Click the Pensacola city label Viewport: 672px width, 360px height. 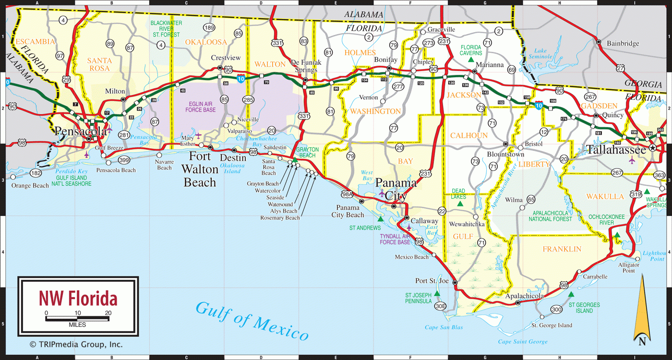(x=80, y=131)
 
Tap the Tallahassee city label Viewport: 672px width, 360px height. (x=616, y=150)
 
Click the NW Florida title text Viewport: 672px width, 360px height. (x=78, y=299)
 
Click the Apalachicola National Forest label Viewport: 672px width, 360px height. (x=550, y=216)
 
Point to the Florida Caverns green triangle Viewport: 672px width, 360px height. (x=471, y=60)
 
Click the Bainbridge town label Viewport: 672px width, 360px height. (x=623, y=44)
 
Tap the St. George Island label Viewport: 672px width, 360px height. (x=552, y=325)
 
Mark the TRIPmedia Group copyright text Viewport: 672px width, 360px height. (x=76, y=344)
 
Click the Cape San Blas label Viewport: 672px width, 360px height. (x=444, y=328)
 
